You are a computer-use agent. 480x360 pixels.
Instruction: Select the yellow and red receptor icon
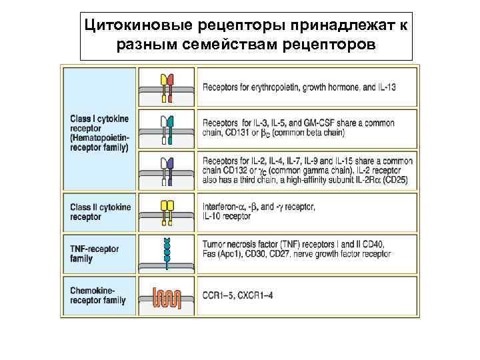[167, 87]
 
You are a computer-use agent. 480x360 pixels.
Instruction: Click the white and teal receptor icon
[167, 129]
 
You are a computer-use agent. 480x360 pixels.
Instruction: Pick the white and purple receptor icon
[167, 171]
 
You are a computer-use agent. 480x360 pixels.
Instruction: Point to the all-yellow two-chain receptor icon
[167, 212]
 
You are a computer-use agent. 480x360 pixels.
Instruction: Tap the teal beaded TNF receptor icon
[167, 253]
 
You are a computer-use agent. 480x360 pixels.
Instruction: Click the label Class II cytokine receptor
[99, 212]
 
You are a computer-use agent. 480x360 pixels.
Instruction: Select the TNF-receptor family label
[95, 253]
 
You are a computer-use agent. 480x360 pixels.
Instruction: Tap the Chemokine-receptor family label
[98, 295]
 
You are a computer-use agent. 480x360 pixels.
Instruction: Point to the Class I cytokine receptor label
[99, 133]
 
